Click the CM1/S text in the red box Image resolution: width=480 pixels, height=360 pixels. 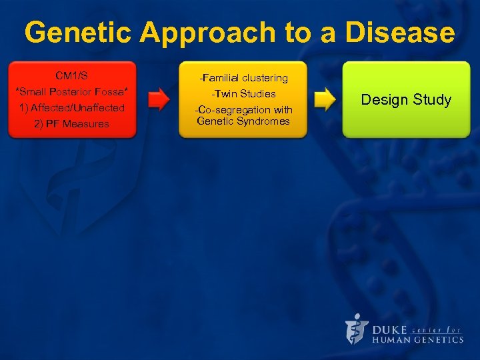71,75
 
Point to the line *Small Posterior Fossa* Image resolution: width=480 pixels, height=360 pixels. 71,91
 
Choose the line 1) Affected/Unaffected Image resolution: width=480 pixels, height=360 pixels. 71,107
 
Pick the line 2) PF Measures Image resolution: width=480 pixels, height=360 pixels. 71,124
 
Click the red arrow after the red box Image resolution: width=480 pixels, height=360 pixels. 158,100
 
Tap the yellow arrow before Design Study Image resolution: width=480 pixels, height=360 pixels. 324,100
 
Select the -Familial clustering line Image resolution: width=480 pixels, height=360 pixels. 243,78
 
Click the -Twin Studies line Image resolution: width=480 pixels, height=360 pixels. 243,94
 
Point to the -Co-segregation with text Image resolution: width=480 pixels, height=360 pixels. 243,109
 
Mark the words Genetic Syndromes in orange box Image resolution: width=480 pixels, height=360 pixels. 243,121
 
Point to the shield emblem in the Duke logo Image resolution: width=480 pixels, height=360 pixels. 357,329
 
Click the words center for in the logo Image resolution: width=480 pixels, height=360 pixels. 437,329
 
